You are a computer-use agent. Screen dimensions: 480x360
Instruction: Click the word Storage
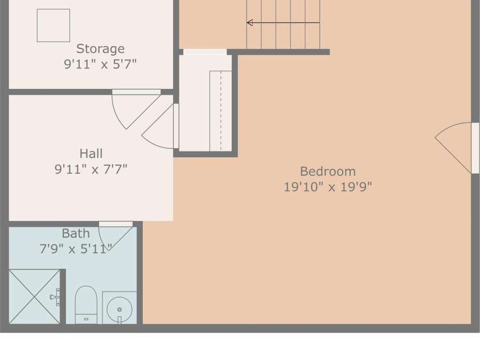[100, 49]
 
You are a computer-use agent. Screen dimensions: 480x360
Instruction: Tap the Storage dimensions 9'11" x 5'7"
[100, 64]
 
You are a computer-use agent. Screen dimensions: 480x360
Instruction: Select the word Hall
[91, 154]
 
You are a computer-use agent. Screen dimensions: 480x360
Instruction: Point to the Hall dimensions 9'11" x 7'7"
[91, 169]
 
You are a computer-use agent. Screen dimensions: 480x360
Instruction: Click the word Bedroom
[328, 171]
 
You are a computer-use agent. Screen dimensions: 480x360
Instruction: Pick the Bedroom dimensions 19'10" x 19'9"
[328, 187]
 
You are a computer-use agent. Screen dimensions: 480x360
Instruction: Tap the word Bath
[76, 234]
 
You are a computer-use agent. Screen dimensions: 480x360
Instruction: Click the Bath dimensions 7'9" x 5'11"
[76, 249]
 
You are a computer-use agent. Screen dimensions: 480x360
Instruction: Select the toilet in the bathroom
[86, 305]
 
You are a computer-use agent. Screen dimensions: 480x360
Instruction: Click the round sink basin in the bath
[120, 309]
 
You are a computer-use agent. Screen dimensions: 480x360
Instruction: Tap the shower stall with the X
[35, 296]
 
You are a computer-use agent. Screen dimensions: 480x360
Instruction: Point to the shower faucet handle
[55, 297]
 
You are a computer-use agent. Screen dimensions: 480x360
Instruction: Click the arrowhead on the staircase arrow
[249, 23]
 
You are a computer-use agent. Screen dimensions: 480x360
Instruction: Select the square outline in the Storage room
[54, 26]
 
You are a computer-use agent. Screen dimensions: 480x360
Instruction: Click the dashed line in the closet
[221, 111]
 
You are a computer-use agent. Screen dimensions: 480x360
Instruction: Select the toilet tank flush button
[86, 320]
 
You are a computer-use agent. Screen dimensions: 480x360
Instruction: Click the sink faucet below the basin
[120, 320]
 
